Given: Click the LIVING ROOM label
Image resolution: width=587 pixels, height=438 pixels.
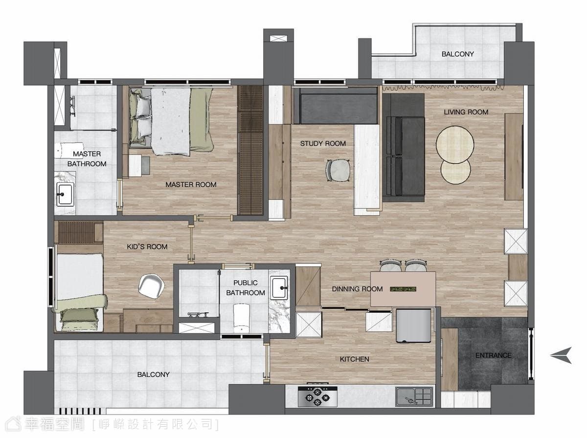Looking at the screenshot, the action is pyautogui.click(x=466, y=112).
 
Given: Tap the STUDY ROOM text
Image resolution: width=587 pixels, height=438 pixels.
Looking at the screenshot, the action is pyautogui.click(x=323, y=144).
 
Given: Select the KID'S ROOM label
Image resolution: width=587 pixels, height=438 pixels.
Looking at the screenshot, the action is pyautogui.click(x=147, y=247).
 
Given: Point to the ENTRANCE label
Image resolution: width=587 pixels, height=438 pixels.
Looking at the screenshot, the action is pyautogui.click(x=494, y=355).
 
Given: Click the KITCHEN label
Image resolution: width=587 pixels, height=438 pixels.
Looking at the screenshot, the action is pyautogui.click(x=354, y=359).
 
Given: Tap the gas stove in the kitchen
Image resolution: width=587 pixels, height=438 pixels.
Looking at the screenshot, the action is pyautogui.click(x=317, y=396).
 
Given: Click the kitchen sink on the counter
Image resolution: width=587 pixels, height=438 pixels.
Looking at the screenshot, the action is pyautogui.click(x=414, y=397).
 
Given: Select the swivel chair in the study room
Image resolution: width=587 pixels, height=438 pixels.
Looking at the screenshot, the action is pyautogui.click(x=338, y=171).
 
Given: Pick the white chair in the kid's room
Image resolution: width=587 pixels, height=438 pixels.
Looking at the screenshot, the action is pyautogui.click(x=151, y=285).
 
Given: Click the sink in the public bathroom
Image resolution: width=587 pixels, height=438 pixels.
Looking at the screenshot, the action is pyautogui.click(x=279, y=288).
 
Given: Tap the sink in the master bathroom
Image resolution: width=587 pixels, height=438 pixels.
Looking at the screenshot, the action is pyautogui.click(x=65, y=194).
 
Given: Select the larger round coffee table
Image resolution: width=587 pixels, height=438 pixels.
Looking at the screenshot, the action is pyautogui.click(x=454, y=145).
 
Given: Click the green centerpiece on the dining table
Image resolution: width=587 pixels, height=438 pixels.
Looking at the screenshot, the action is pyautogui.click(x=403, y=289).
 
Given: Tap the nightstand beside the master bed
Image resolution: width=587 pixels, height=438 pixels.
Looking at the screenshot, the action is pyautogui.click(x=139, y=165).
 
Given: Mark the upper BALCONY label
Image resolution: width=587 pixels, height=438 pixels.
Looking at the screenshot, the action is pyautogui.click(x=457, y=54).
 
